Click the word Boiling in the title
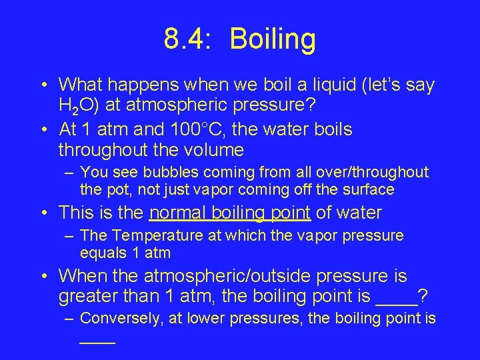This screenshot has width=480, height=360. tap(273, 40)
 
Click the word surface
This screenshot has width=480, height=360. tap(367, 190)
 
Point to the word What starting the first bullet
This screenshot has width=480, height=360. tap(78, 85)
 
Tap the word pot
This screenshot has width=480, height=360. tap(113, 190)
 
